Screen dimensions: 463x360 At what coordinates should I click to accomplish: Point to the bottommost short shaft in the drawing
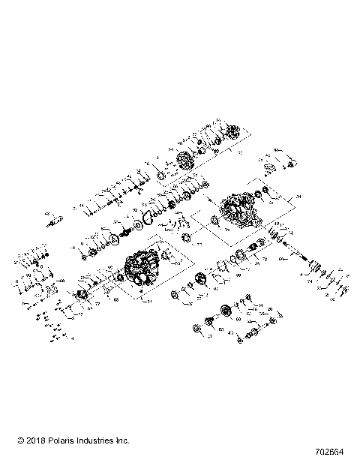240,340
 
